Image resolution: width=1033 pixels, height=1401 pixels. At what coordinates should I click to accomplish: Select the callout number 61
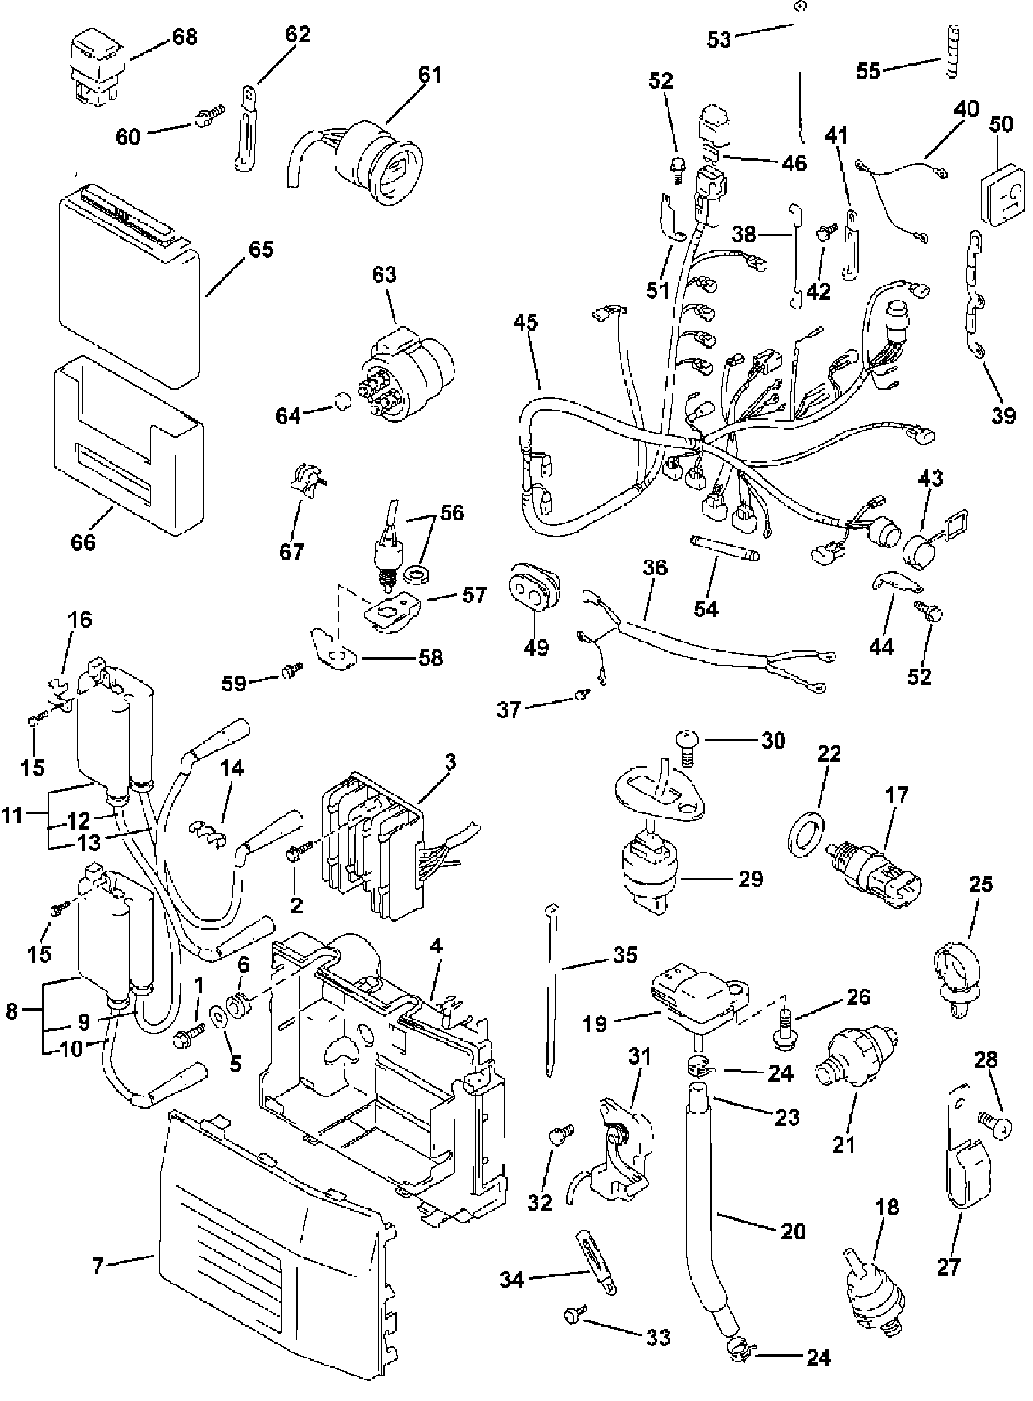429,75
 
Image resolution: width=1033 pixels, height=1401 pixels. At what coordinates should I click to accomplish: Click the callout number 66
83,542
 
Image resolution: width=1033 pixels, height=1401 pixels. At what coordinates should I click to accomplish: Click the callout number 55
868,70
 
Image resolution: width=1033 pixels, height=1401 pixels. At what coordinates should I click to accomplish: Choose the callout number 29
751,879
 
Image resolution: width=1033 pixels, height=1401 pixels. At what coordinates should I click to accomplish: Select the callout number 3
451,762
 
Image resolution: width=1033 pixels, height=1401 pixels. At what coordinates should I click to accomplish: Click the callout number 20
793,1231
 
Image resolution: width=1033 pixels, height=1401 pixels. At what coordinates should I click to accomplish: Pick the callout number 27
949,1267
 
